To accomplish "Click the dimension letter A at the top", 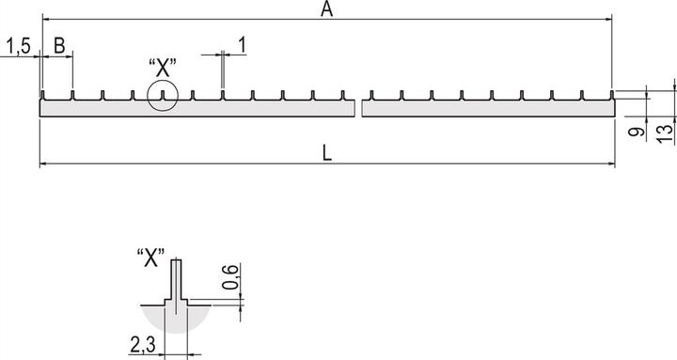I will pyautogui.click(x=327, y=9).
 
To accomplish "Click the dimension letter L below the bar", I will pyautogui.click(x=326, y=154).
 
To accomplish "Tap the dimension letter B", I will pyautogui.click(x=58, y=45).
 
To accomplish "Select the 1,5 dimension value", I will pyautogui.click(x=17, y=45).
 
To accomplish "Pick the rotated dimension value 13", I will pyautogui.click(x=664, y=133).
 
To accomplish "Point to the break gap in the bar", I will pyautogui.click(x=358, y=108).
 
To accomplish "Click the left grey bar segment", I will pyautogui.click(x=197, y=109).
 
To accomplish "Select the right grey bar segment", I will pyautogui.click(x=487, y=109).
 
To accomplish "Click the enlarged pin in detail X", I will pyautogui.click(x=173, y=280).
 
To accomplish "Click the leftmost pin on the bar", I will pyautogui.click(x=42, y=95).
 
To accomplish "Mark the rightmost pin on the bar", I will pyautogui.click(x=612, y=95).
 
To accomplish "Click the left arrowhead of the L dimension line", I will pyautogui.click(x=43, y=164).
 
